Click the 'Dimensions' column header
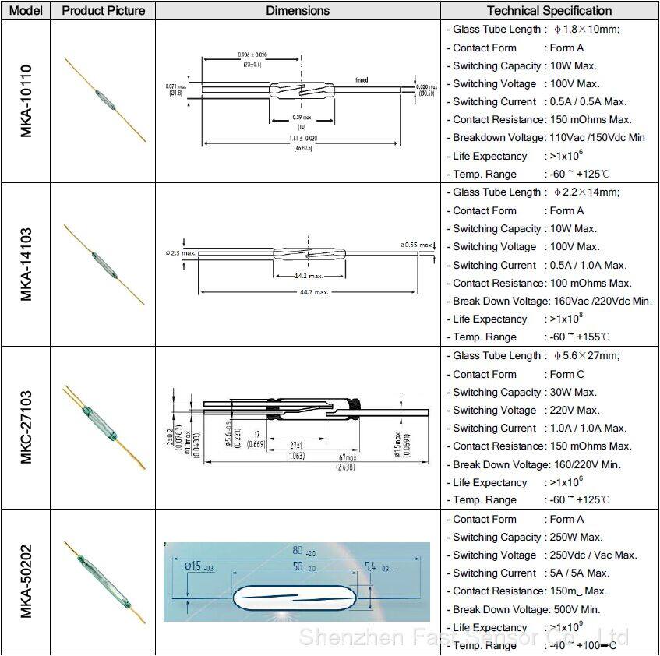(298, 11)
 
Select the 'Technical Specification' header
(549, 11)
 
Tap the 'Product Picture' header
(103, 11)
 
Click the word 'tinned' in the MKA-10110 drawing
(362, 80)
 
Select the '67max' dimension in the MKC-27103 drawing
(348, 457)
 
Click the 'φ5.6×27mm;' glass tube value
(586, 356)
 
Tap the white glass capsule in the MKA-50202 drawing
(296, 598)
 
